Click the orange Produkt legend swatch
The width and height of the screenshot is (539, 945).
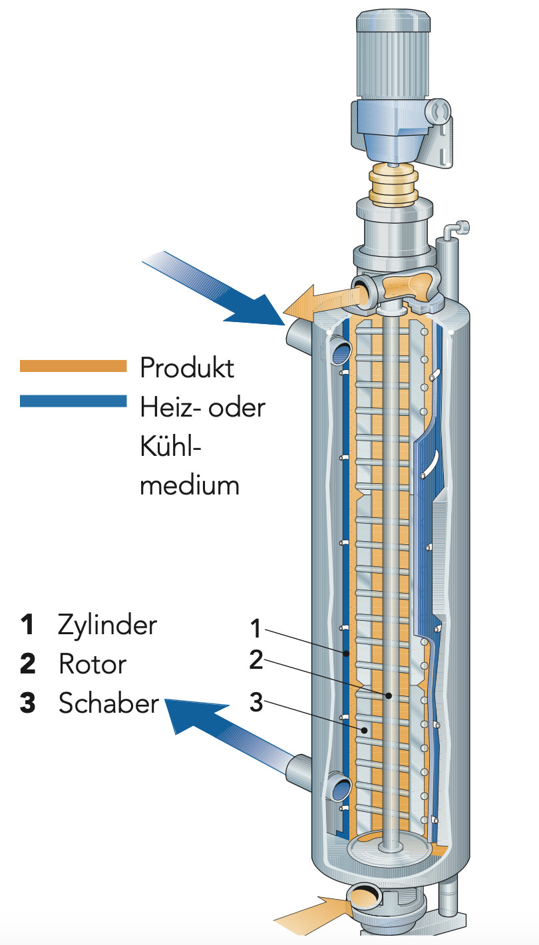(73, 366)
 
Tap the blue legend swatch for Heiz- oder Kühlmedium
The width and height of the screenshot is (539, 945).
(73, 401)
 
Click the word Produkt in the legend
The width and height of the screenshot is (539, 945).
(187, 367)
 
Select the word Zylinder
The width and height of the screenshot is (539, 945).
(108, 625)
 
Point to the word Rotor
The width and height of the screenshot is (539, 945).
(92, 663)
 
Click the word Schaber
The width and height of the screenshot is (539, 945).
(109, 703)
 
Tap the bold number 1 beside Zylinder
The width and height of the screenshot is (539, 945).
(27, 625)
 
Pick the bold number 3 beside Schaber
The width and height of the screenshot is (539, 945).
(27, 703)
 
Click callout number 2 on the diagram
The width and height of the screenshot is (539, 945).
(257, 660)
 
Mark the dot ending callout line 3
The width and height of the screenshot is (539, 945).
(364, 730)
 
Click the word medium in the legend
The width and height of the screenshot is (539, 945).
(190, 484)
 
